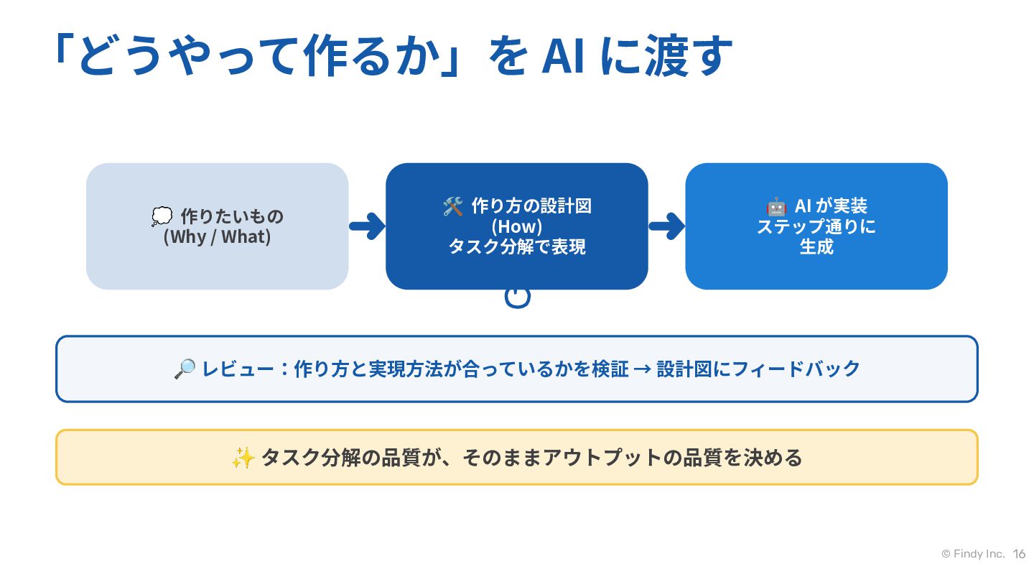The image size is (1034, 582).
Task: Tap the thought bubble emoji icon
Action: (162, 216)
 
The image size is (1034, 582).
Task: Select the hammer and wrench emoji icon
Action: (453, 206)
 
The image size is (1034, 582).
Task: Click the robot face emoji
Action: (776, 206)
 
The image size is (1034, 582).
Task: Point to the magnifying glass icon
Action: (185, 369)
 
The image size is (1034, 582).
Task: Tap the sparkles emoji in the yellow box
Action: (243, 458)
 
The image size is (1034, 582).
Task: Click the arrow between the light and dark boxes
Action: (367, 226)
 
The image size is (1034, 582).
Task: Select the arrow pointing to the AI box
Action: (666, 226)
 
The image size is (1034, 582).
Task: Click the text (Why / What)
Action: (217, 237)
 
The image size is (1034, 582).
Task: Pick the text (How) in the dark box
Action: (516, 227)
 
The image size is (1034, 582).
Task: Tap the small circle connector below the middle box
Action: (518, 297)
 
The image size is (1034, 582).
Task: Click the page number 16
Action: (1019, 554)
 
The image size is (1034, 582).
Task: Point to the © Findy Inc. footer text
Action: (973, 554)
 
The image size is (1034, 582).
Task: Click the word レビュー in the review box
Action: (238, 369)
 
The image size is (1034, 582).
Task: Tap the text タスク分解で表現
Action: (517, 247)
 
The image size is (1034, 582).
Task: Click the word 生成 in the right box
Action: (816, 247)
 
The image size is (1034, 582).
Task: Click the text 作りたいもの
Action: (232, 217)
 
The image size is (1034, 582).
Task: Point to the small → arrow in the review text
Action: (643, 369)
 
